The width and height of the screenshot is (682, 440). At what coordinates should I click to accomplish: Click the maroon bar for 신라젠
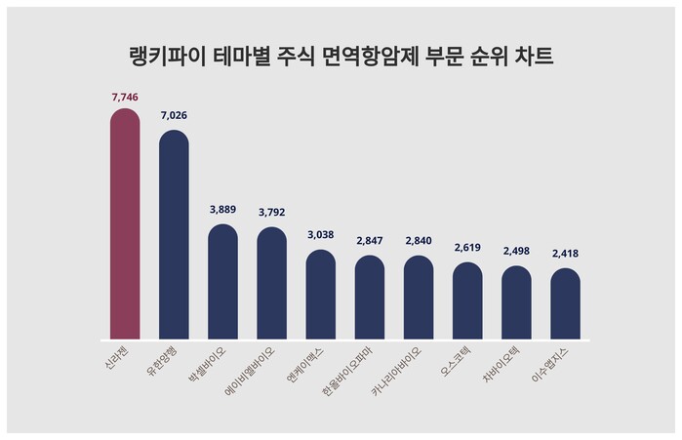(125, 224)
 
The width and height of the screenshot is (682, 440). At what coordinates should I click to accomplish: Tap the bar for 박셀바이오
(222, 282)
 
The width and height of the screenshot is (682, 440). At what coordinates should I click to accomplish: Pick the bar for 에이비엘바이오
(271, 284)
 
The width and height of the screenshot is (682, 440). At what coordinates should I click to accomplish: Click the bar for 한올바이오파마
(370, 298)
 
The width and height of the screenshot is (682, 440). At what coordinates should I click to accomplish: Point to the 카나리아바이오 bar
(419, 298)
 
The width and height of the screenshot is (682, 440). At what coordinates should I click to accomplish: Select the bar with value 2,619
(467, 300)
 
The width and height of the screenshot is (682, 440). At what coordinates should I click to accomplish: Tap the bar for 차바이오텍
(516, 302)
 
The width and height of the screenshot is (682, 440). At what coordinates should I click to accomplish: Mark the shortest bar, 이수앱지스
(565, 303)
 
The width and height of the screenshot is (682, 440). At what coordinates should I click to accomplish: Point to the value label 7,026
(174, 116)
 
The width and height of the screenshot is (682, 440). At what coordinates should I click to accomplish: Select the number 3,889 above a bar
(222, 209)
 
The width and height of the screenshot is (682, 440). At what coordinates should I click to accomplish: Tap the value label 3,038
(321, 235)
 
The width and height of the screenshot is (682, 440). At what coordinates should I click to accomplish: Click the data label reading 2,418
(565, 254)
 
